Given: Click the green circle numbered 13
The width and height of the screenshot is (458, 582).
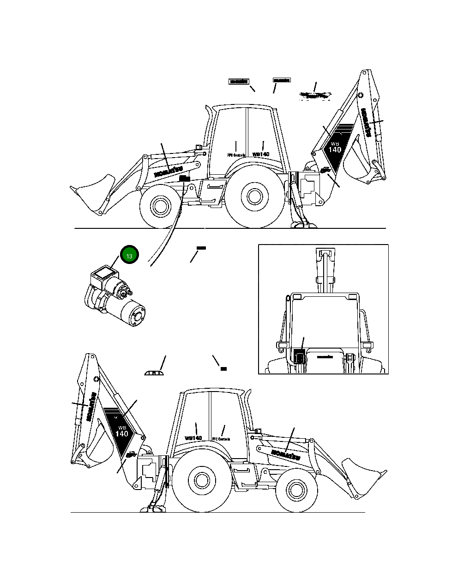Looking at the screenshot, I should (x=129, y=256).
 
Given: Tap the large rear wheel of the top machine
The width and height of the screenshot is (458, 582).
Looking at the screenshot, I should (x=252, y=196).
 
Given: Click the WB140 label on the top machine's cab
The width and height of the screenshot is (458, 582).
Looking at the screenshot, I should (x=261, y=154).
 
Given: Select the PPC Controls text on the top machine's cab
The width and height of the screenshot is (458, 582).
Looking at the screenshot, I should (x=235, y=155).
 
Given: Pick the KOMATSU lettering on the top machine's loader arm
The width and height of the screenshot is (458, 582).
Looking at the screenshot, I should (x=168, y=171).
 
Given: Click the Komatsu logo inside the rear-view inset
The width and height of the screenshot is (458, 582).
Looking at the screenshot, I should (x=325, y=357).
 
